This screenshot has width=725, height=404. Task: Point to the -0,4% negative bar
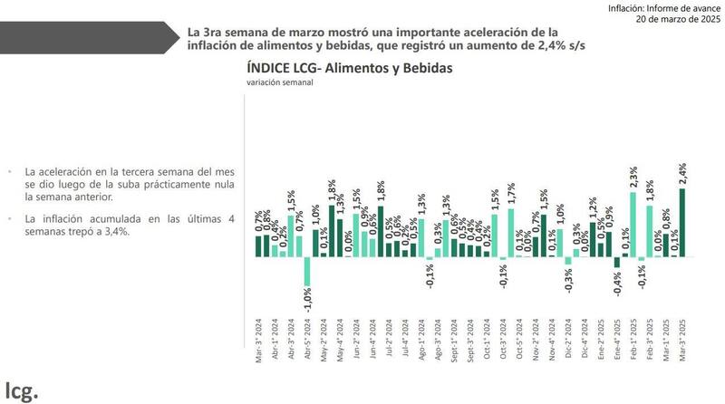tap(617, 263)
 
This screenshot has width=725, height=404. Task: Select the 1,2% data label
tap(593, 210)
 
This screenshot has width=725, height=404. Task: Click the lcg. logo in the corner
tap(20, 390)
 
